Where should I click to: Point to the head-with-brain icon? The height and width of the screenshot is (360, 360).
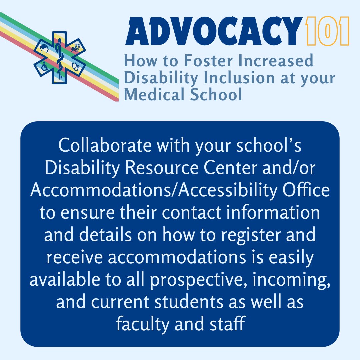tap(45, 49)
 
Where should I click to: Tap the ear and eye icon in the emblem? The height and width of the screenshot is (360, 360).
tap(75, 48)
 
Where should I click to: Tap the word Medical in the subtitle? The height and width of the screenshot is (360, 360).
tap(151, 94)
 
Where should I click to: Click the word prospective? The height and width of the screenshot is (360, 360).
tap(193, 279)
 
